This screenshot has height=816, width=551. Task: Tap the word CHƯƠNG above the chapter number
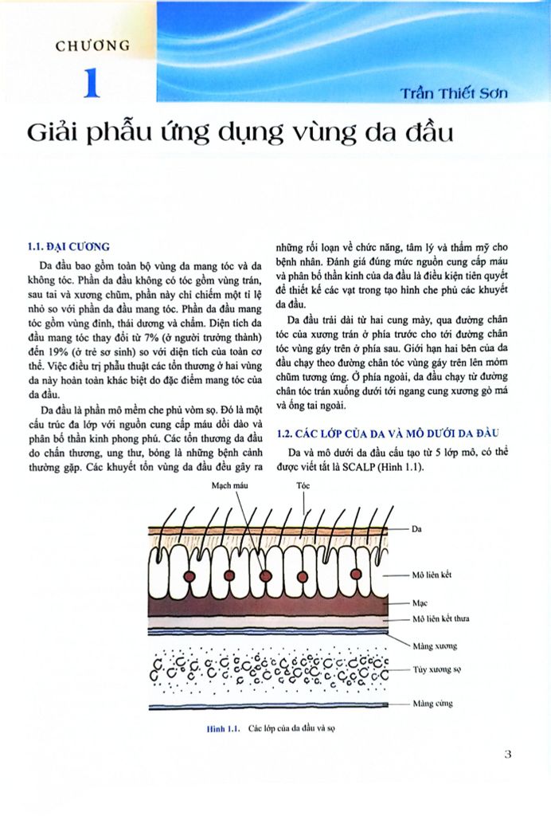[92, 45]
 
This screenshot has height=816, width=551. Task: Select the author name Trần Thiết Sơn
[454, 92]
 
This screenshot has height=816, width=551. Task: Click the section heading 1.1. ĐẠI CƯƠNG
[68, 246]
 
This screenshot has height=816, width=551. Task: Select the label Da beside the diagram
[418, 528]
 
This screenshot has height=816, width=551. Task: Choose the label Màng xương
[435, 645]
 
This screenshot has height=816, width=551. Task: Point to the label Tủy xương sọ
[438, 671]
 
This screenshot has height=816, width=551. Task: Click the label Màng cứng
[433, 704]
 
